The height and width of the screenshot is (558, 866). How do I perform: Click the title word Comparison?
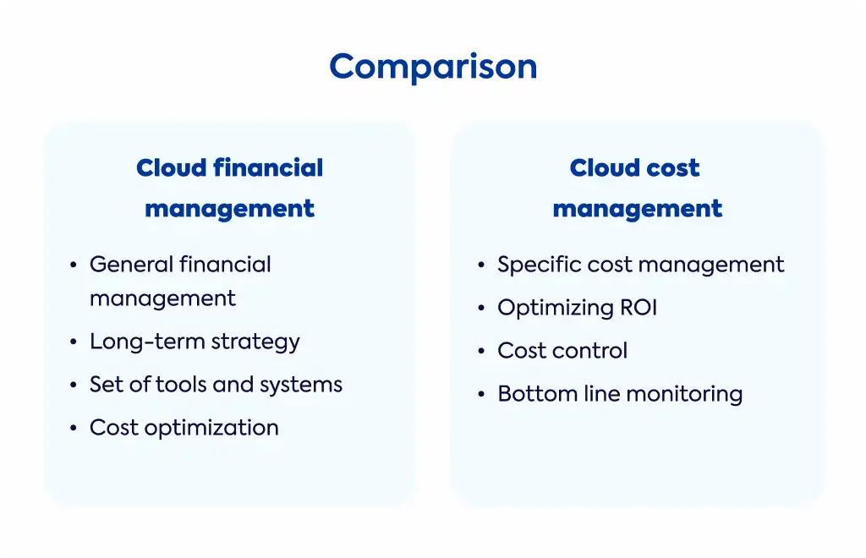tap(433, 68)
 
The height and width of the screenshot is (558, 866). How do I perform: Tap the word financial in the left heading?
tap(268, 167)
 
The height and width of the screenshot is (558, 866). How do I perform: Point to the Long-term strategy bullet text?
tap(195, 342)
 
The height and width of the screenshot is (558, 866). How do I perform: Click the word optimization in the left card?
tap(211, 429)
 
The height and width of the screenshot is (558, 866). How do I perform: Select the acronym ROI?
tap(639, 308)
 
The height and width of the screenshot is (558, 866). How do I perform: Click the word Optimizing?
tap(555, 309)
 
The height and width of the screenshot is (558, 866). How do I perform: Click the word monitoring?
tap(684, 395)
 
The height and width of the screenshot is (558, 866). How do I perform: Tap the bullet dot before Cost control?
tap(481, 351)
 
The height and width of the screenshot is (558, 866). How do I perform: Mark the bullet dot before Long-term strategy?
tap(74, 342)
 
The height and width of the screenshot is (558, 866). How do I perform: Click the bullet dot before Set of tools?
tap(74, 385)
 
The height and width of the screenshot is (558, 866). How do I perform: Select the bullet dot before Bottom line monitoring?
tap(481, 394)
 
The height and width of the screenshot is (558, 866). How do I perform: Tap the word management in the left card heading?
tap(230, 209)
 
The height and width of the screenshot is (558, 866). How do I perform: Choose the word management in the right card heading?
tap(638, 209)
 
